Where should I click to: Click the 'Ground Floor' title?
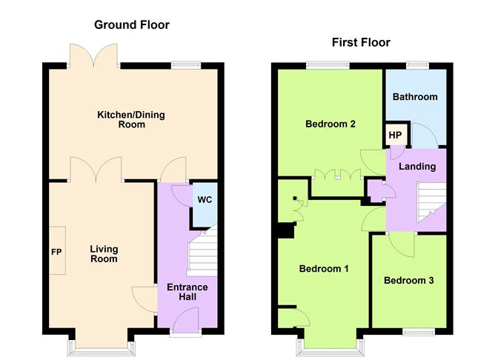[x=131, y=25]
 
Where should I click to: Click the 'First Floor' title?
[x=360, y=42]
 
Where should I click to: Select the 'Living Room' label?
[x=104, y=254]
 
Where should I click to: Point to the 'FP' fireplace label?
[x=56, y=253]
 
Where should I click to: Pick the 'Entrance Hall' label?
[x=187, y=292]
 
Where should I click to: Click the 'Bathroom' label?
[x=415, y=97]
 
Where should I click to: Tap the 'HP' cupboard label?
[x=395, y=136]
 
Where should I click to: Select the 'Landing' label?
[x=417, y=166]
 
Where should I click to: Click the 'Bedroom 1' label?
[x=324, y=269]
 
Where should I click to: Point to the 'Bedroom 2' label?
[x=330, y=124]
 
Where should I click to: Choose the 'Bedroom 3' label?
[x=408, y=281]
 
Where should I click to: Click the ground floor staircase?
[x=200, y=252]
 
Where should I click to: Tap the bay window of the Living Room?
[x=104, y=346]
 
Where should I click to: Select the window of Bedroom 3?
[x=416, y=331]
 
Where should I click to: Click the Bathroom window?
[x=416, y=64]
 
